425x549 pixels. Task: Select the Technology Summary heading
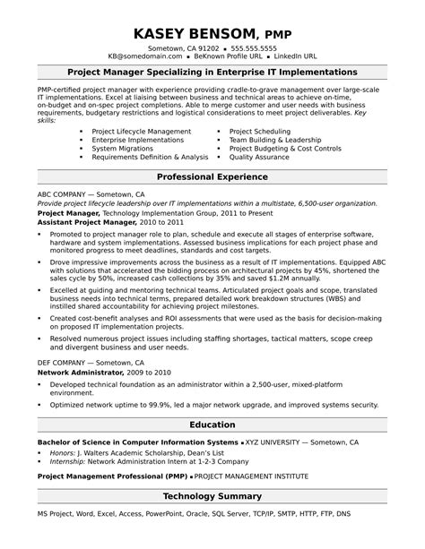pos(212,495)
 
